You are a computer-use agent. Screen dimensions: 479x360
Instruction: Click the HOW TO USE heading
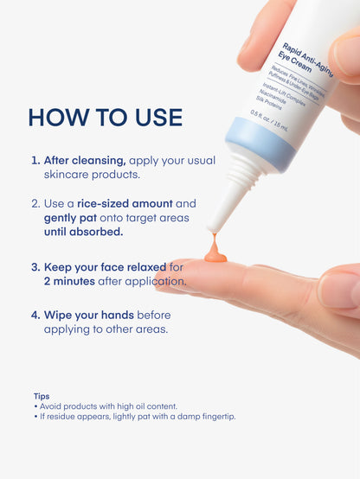[105, 117]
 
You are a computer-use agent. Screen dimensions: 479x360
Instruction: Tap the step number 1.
[35, 161]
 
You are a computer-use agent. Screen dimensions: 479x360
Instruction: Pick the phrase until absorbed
[83, 232]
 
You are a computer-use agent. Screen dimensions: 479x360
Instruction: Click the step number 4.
[35, 315]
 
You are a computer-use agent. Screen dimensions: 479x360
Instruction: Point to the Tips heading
[42, 396]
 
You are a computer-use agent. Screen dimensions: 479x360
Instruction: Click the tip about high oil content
[107, 406]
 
